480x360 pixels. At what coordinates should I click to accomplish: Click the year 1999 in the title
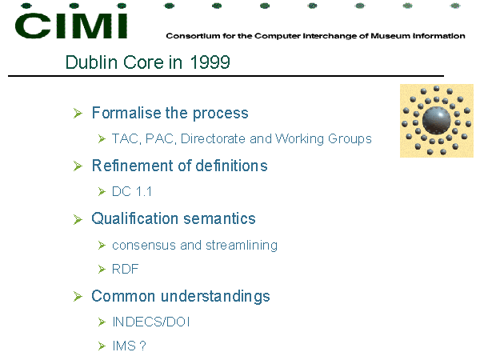point(210,62)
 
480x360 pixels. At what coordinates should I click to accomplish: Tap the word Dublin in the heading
point(91,62)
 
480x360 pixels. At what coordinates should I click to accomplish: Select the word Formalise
point(126,113)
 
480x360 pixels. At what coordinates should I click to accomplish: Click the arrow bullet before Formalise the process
point(78,113)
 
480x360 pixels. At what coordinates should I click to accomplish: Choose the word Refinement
point(133,166)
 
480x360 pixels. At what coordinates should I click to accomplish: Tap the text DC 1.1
point(132,192)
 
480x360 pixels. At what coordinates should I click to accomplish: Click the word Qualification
point(135,219)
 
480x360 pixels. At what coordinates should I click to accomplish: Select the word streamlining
point(242,246)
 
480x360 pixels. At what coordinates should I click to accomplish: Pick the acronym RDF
point(126,269)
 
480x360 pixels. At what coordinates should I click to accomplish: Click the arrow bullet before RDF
point(102,269)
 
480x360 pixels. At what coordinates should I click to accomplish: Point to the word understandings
point(215,296)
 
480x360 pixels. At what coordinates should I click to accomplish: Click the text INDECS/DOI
point(151,322)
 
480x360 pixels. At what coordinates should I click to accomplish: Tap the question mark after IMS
point(142,346)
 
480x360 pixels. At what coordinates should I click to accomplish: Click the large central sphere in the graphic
point(436,120)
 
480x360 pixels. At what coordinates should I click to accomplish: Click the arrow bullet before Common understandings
point(78,296)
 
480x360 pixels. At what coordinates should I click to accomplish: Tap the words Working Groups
point(323,139)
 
